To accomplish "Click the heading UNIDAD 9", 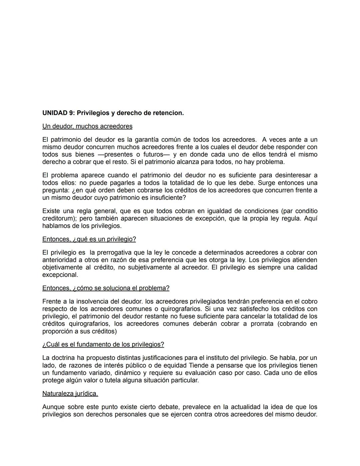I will (59, 113).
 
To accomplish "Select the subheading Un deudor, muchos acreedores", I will (87, 126).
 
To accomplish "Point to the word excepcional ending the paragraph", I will (60, 275).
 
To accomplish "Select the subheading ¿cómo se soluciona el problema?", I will (121, 288).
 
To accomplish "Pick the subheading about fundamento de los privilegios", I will (103, 344).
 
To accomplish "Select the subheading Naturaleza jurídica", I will (70, 394).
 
